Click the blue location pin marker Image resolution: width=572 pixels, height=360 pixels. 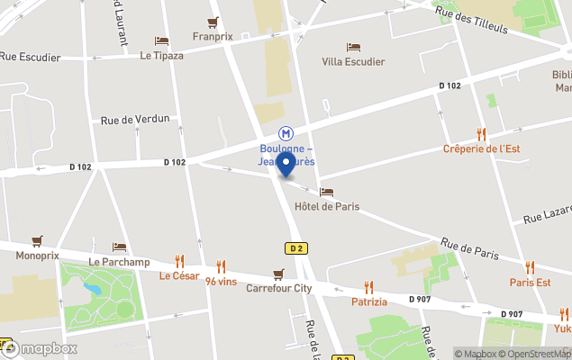pyautogui.click(x=286, y=165)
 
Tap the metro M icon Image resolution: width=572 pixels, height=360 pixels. pyautogui.click(x=286, y=132)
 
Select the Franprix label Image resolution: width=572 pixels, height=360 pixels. pyautogui.click(x=213, y=37)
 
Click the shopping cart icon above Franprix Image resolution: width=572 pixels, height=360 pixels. pyautogui.click(x=213, y=22)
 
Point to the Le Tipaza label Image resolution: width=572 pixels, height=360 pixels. pyautogui.click(x=161, y=55)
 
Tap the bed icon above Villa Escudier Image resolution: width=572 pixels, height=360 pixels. pyautogui.click(x=353, y=47)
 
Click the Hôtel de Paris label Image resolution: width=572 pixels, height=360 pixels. pyautogui.click(x=327, y=206)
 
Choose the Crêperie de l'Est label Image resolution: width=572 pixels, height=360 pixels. pyautogui.click(x=481, y=148)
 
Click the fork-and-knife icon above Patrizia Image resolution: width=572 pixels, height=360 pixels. pyautogui.click(x=368, y=287)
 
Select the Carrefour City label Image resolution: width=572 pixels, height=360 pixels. pyautogui.click(x=279, y=289)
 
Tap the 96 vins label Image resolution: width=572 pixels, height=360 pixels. pyautogui.click(x=221, y=281)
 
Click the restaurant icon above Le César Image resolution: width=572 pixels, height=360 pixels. pyautogui.click(x=179, y=260)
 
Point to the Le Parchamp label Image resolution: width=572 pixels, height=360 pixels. pyautogui.click(x=119, y=262)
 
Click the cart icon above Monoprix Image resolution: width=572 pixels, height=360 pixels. pyautogui.click(x=37, y=240)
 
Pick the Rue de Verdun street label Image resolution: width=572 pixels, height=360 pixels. pyautogui.click(x=135, y=119)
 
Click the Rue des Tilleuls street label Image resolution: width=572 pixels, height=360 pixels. pyautogui.click(x=471, y=18)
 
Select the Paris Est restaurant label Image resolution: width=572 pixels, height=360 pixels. pyautogui.click(x=530, y=282)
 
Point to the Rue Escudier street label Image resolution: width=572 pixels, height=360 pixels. pyautogui.click(x=31, y=57)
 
